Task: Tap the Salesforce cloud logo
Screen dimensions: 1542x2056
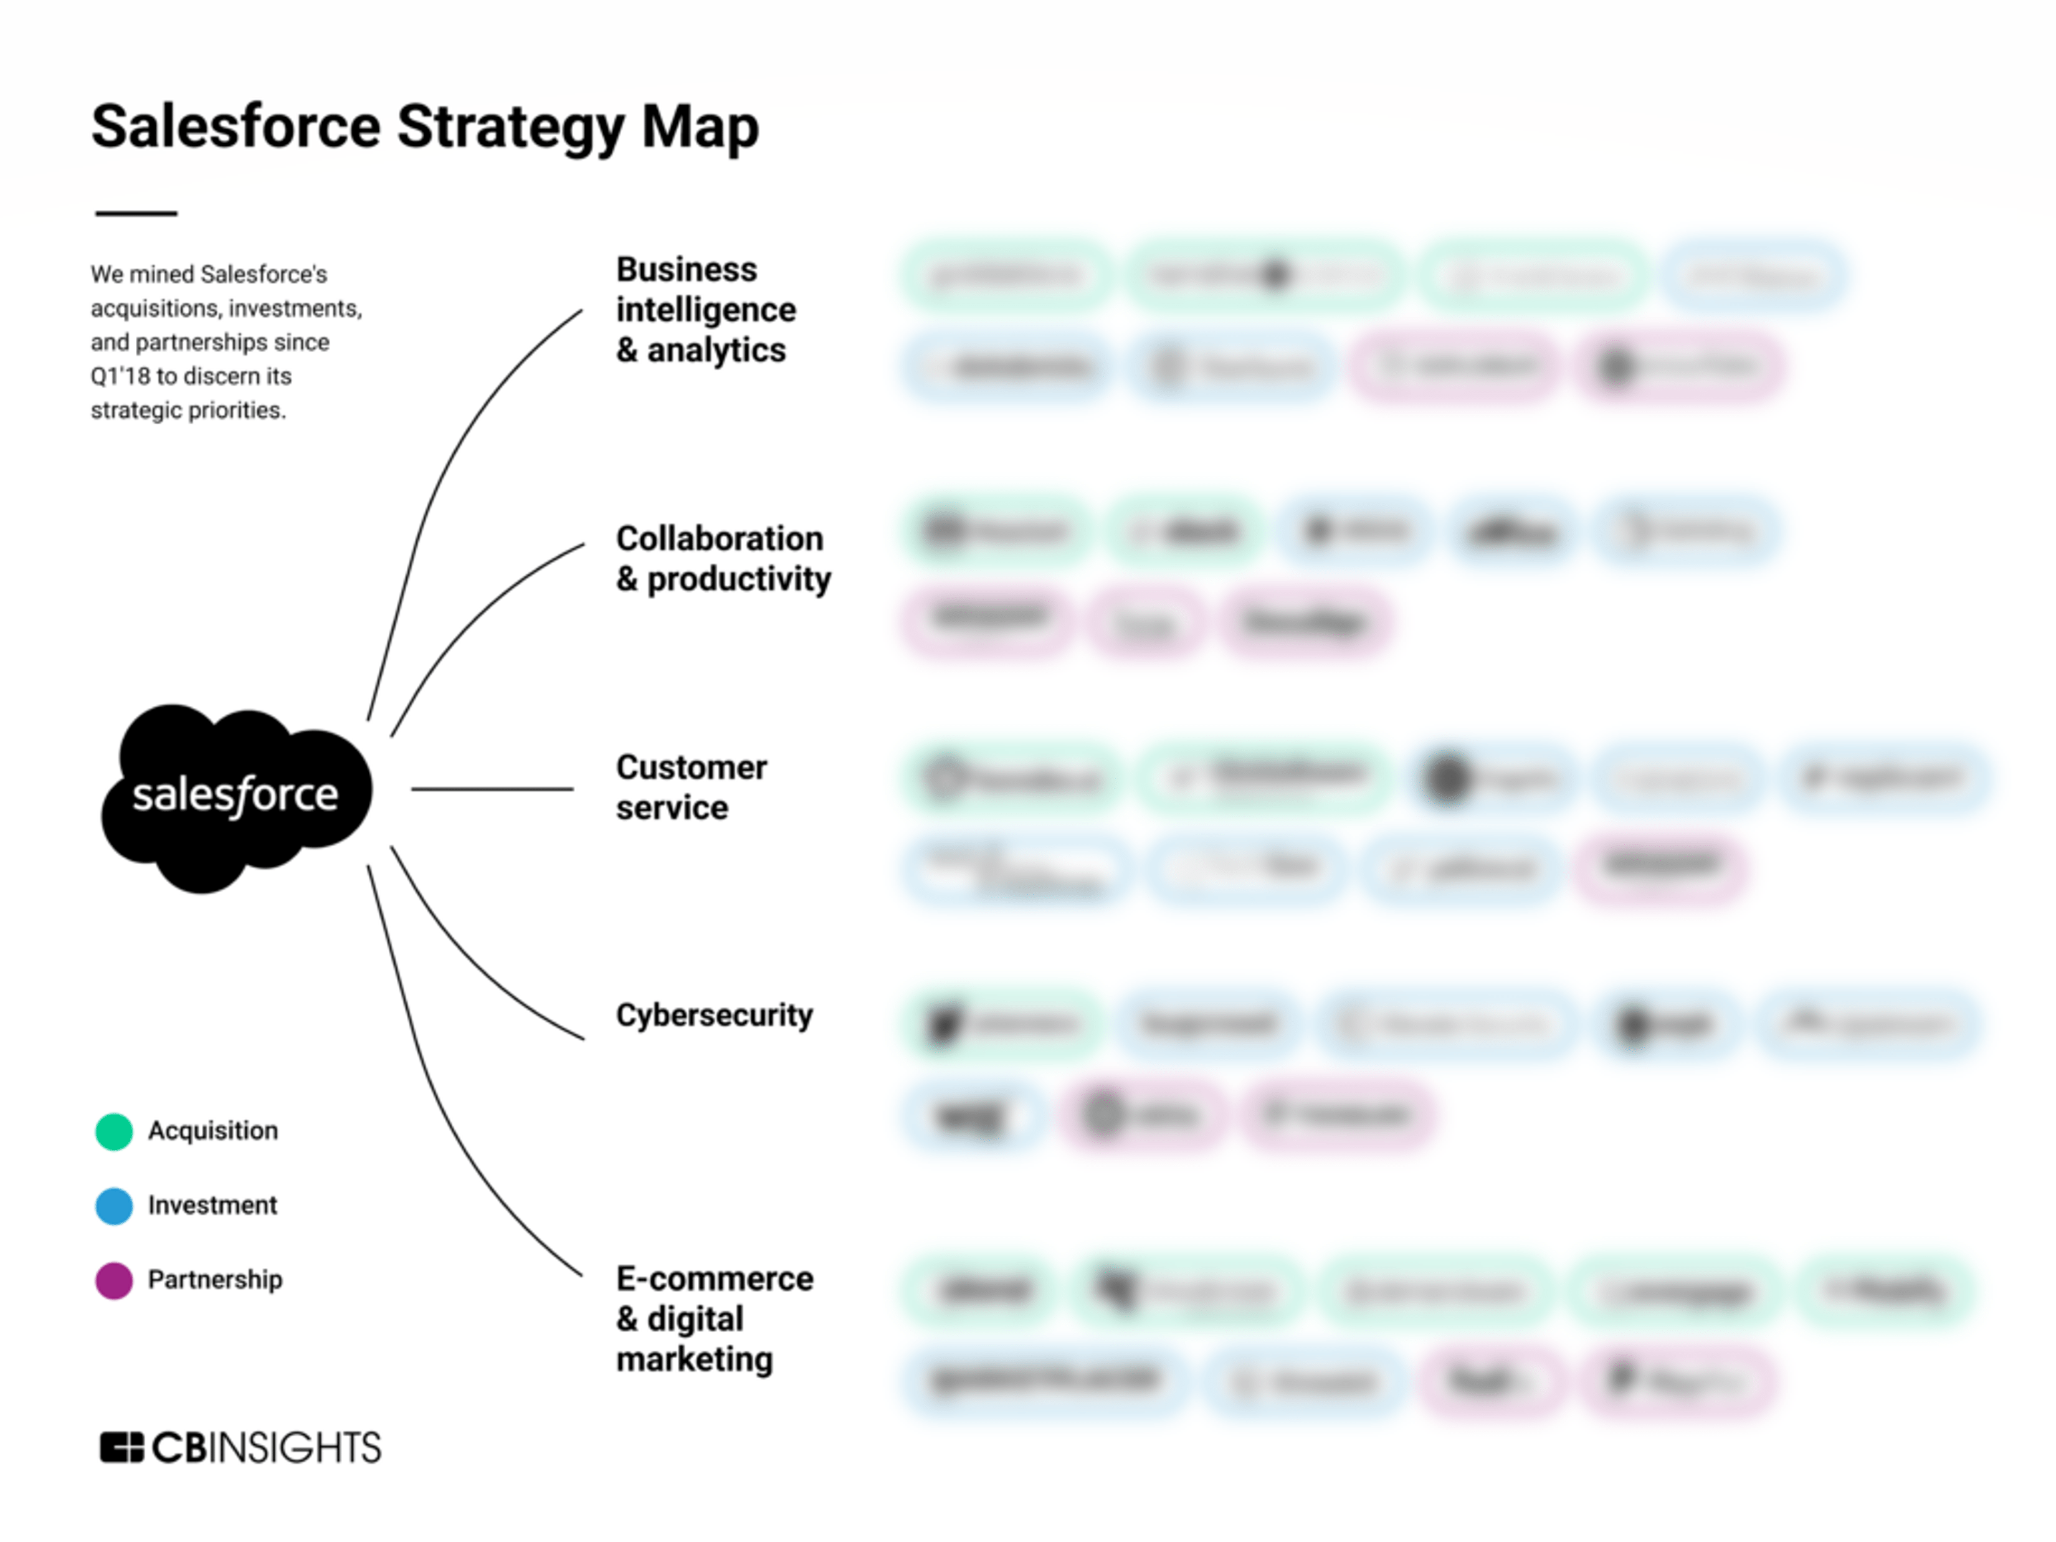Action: (236, 797)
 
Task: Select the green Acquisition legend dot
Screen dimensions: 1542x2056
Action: (114, 1131)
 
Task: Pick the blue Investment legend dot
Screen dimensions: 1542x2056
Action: (114, 1206)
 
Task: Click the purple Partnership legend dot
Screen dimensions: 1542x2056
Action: (114, 1280)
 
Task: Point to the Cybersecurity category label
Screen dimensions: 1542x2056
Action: (714, 1015)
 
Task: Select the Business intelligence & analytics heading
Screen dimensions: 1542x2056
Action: (705, 310)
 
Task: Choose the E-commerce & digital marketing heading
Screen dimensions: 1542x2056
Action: (714, 1319)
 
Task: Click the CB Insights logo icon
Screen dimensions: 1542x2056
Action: (121, 1447)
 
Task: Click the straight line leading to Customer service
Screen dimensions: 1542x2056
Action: (493, 789)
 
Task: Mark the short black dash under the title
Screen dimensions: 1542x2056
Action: (136, 214)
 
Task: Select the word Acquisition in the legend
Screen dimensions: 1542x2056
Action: (213, 1131)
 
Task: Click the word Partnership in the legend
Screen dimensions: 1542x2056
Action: (215, 1280)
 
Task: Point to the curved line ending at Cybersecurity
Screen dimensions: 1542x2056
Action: (474, 967)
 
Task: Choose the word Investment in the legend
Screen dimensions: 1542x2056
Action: (212, 1206)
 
